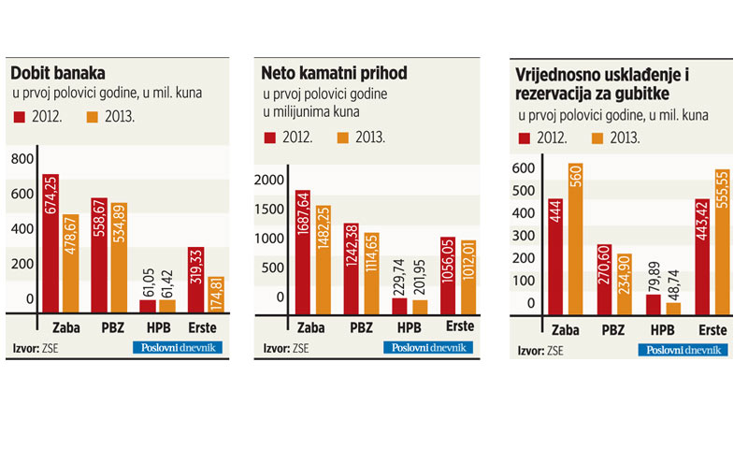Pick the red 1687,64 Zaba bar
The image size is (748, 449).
(x=303, y=252)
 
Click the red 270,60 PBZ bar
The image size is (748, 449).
(x=604, y=281)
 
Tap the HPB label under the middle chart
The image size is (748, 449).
(x=408, y=326)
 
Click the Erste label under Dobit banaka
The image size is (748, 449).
(x=209, y=326)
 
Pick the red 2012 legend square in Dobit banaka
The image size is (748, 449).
(x=21, y=117)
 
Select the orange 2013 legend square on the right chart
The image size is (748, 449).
(x=598, y=138)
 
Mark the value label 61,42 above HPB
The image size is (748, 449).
(x=169, y=281)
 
